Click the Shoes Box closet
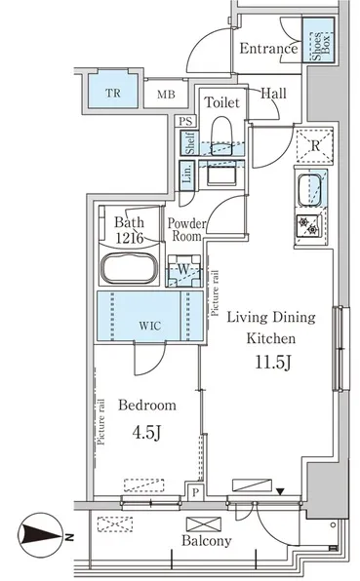pos(318,40)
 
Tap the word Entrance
pos(268,48)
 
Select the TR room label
pos(113,93)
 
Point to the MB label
pos(166,95)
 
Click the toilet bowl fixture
pos(221,136)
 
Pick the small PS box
pos(185,121)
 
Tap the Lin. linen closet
pos(187,175)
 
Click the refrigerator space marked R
pos(315,145)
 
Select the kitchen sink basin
pos(309,190)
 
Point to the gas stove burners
pos(308,225)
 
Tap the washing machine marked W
pos(183,270)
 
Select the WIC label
pos(150,326)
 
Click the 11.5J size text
pos(272,362)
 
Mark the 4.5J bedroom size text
pos(146,432)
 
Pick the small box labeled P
pos(195,491)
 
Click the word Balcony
pos(207,541)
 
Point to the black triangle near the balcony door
pos(280,491)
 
